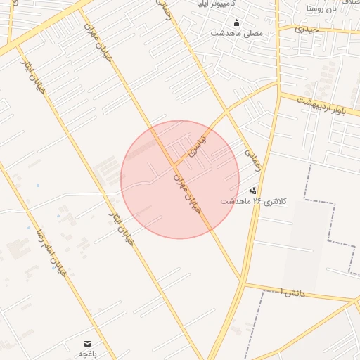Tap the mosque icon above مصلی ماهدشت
click(236, 22)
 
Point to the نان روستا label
click(324, 8)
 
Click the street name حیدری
click(307, 30)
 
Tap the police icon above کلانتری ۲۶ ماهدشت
click(253, 190)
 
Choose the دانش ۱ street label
click(292, 291)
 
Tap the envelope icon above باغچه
click(87, 343)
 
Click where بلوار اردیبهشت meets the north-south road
click(279, 93)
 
